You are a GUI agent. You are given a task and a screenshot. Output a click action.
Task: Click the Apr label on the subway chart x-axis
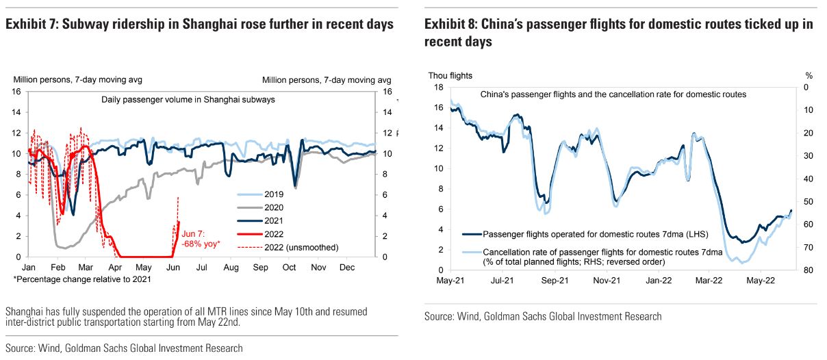[x=115, y=268]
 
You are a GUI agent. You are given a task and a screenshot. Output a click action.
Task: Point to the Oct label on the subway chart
[x=289, y=268]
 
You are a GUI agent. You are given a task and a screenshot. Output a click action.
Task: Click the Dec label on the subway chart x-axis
[x=347, y=268]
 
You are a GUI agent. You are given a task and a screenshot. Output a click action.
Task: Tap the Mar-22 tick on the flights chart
[x=710, y=281]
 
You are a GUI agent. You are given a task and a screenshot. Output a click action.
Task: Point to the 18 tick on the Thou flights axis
[x=438, y=87]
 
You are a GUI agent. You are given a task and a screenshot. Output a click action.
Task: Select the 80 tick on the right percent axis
[x=809, y=270]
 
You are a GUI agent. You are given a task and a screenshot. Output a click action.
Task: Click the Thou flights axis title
[x=450, y=75]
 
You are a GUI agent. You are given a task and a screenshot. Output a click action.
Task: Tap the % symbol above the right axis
[x=809, y=75]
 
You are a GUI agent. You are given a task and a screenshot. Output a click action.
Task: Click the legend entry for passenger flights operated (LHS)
[x=595, y=234]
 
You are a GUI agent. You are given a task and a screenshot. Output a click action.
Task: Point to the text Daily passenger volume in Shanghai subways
[x=188, y=100]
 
